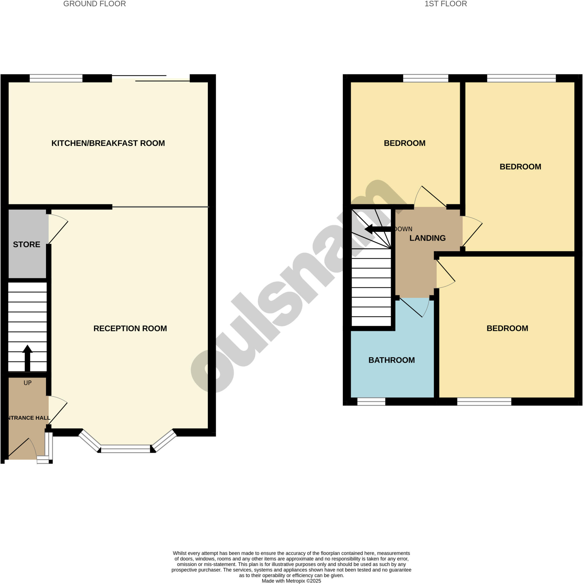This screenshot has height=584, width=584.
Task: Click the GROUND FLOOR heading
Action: pos(94,4)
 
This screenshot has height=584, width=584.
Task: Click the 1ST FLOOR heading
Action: pos(446,4)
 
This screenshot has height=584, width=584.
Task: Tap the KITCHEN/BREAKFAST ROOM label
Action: pos(108,143)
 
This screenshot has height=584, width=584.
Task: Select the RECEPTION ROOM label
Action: pos(130,328)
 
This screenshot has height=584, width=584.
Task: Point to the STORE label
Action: pos(27,245)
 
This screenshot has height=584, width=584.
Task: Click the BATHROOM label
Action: pos(392,360)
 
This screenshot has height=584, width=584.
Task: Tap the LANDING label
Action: pos(427,238)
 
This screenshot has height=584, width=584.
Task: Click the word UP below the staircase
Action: pos(27,383)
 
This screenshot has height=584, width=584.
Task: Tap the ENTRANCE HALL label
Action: pos(28,418)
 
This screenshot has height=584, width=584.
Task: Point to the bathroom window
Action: pos(371,402)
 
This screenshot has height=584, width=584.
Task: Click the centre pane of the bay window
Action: pos(125,449)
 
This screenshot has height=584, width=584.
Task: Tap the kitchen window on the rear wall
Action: pos(56,78)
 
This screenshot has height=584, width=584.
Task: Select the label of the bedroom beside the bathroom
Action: pos(507,328)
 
